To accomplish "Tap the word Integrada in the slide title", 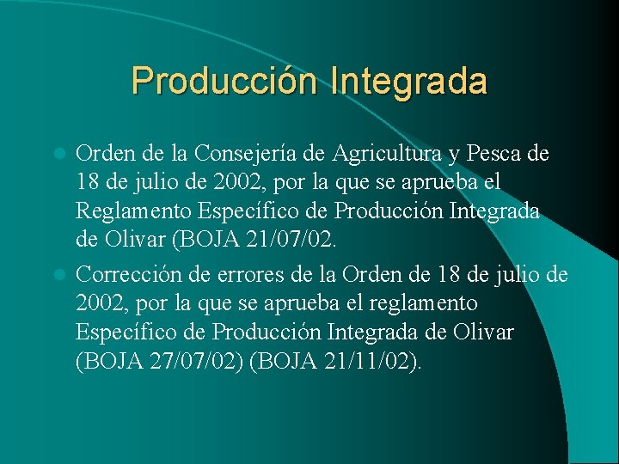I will click(408, 81).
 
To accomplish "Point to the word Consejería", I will click(242, 154).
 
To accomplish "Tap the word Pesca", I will click(493, 154).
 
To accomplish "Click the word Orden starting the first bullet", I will click(102, 154).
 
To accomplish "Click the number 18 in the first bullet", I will click(89, 183).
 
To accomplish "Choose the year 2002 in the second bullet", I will click(99, 303).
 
